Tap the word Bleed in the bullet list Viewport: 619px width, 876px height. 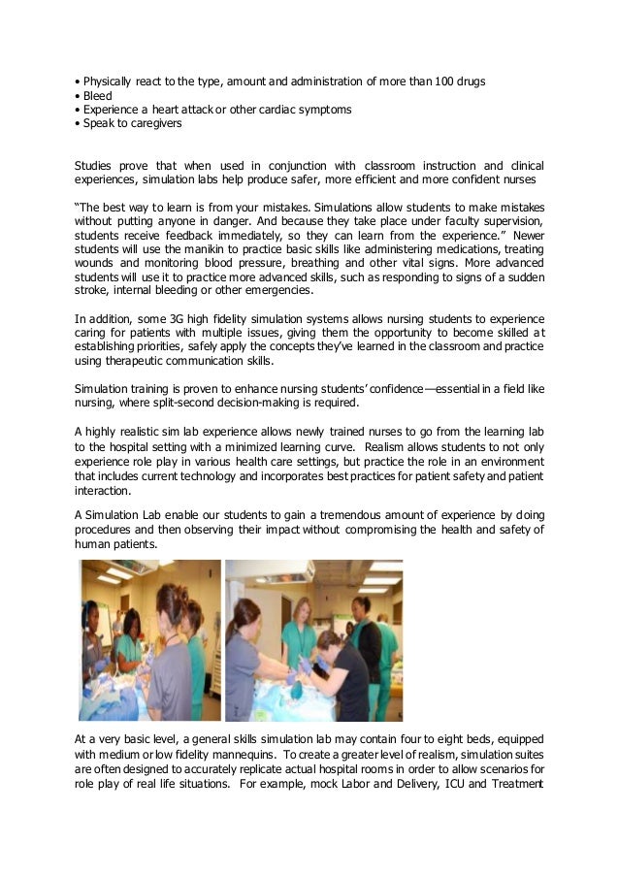click(97, 96)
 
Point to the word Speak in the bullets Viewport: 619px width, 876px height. click(98, 124)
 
